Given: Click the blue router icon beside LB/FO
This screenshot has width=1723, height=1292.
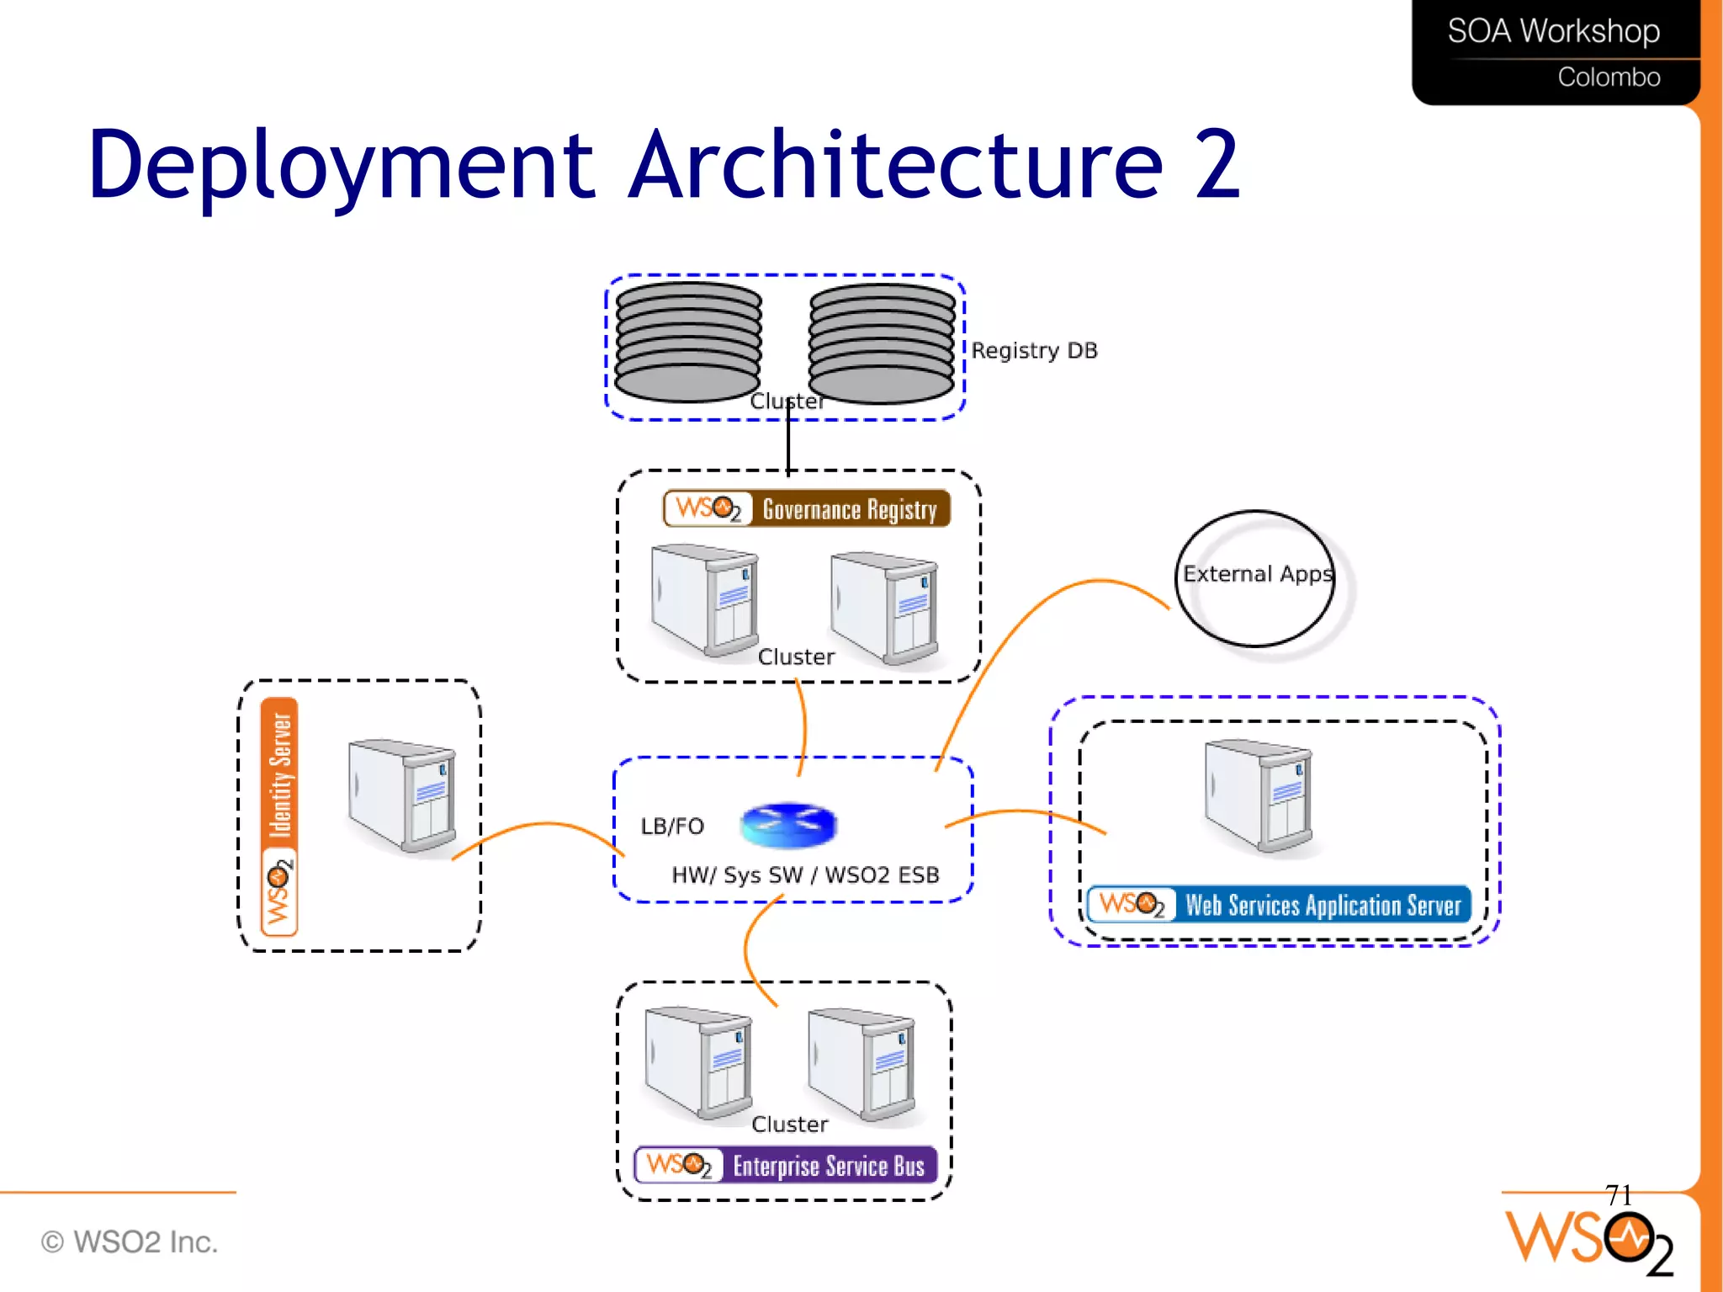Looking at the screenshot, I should tap(788, 824).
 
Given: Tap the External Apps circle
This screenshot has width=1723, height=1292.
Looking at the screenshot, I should tap(1256, 577).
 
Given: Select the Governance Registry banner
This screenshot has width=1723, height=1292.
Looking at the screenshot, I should tap(807, 508).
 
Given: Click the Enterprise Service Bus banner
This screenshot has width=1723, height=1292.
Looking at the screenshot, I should tap(786, 1165).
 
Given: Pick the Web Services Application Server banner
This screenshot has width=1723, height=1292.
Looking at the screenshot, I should tap(1279, 905).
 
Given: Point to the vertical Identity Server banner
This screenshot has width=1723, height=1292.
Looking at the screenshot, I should tap(279, 816).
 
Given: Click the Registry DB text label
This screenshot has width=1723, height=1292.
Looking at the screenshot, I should tap(1034, 350).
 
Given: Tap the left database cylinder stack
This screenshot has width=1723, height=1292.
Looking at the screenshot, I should tap(688, 343).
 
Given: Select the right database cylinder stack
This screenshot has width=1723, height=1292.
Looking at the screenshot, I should tap(882, 343).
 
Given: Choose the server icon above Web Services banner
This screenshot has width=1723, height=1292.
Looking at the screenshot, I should tap(1259, 795).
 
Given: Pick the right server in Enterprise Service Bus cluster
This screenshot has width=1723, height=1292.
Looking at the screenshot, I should tap(861, 1065).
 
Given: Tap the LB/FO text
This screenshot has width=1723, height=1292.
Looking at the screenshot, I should tap(671, 826).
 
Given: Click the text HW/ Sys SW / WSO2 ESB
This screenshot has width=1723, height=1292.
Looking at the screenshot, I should tap(805, 875).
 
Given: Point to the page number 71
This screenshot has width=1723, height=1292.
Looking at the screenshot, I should tap(1618, 1194).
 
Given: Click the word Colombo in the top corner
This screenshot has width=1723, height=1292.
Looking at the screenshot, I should tap(1609, 77).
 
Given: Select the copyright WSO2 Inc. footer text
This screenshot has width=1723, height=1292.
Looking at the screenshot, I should tap(130, 1241).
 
